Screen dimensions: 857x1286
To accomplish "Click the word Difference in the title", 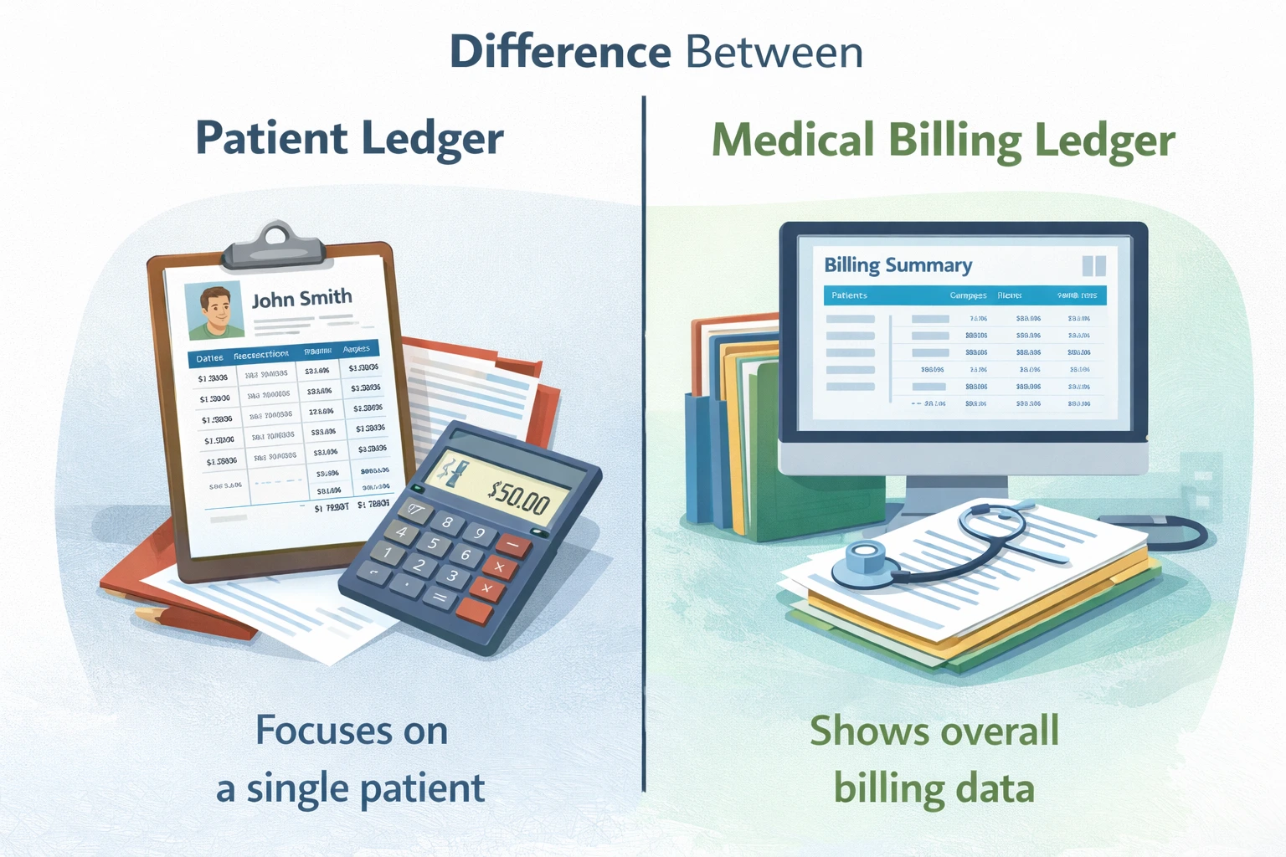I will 560,52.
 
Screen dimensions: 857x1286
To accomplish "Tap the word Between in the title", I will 774,52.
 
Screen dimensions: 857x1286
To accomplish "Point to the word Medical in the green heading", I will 793,141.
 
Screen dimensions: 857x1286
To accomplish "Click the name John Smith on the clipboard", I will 301,299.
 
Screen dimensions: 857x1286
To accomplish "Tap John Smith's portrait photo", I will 213,310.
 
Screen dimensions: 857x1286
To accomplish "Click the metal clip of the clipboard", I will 273,243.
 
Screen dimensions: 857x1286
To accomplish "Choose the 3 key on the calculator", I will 451,576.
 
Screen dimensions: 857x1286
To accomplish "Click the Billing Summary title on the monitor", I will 898,265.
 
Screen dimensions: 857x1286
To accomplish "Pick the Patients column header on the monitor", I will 849,295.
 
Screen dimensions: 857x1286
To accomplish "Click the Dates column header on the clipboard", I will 209,358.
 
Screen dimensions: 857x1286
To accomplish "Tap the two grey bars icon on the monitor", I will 1093,266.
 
